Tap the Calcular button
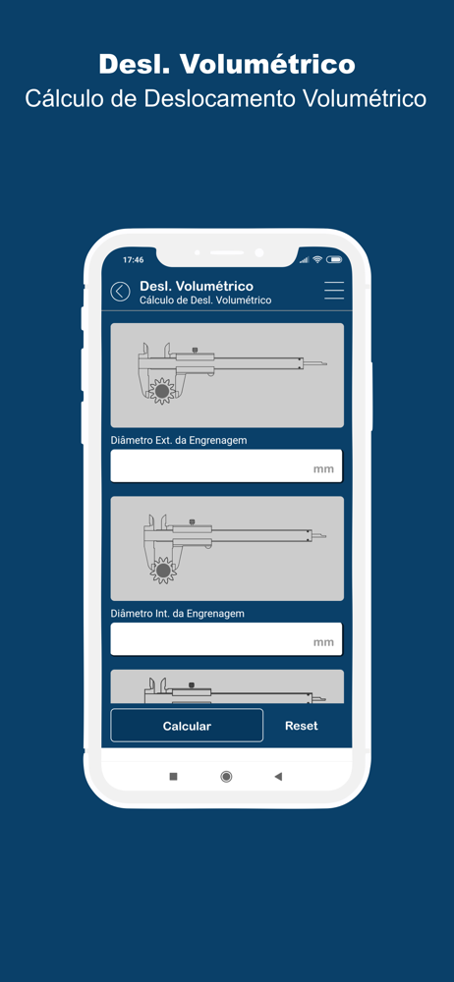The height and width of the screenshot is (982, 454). coord(187,726)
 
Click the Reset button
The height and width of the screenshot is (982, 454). coord(302,726)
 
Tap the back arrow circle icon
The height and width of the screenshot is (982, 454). coord(121,292)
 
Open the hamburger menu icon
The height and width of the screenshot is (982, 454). coord(334,291)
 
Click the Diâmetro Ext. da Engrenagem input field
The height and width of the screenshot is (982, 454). coord(226,465)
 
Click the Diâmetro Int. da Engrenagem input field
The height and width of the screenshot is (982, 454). coord(226,639)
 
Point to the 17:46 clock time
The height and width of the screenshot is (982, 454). coord(133,259)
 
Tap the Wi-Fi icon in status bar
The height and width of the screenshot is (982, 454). coord(317,259)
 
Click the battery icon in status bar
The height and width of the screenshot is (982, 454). coord(334,259)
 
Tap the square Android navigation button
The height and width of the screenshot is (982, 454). coord(174,777)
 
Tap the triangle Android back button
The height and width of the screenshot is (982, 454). coord(278,777)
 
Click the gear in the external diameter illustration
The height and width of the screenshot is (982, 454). coord(162,391)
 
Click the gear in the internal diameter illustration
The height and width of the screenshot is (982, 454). coord(164,570)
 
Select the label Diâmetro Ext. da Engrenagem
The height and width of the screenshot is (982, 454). coord(179,440)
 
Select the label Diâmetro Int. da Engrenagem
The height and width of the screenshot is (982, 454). coord(178,613)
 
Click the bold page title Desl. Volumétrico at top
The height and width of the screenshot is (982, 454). coord(227,64)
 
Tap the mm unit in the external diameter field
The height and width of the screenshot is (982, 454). coord(323,469)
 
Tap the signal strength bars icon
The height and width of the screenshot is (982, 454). coord(304,259)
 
